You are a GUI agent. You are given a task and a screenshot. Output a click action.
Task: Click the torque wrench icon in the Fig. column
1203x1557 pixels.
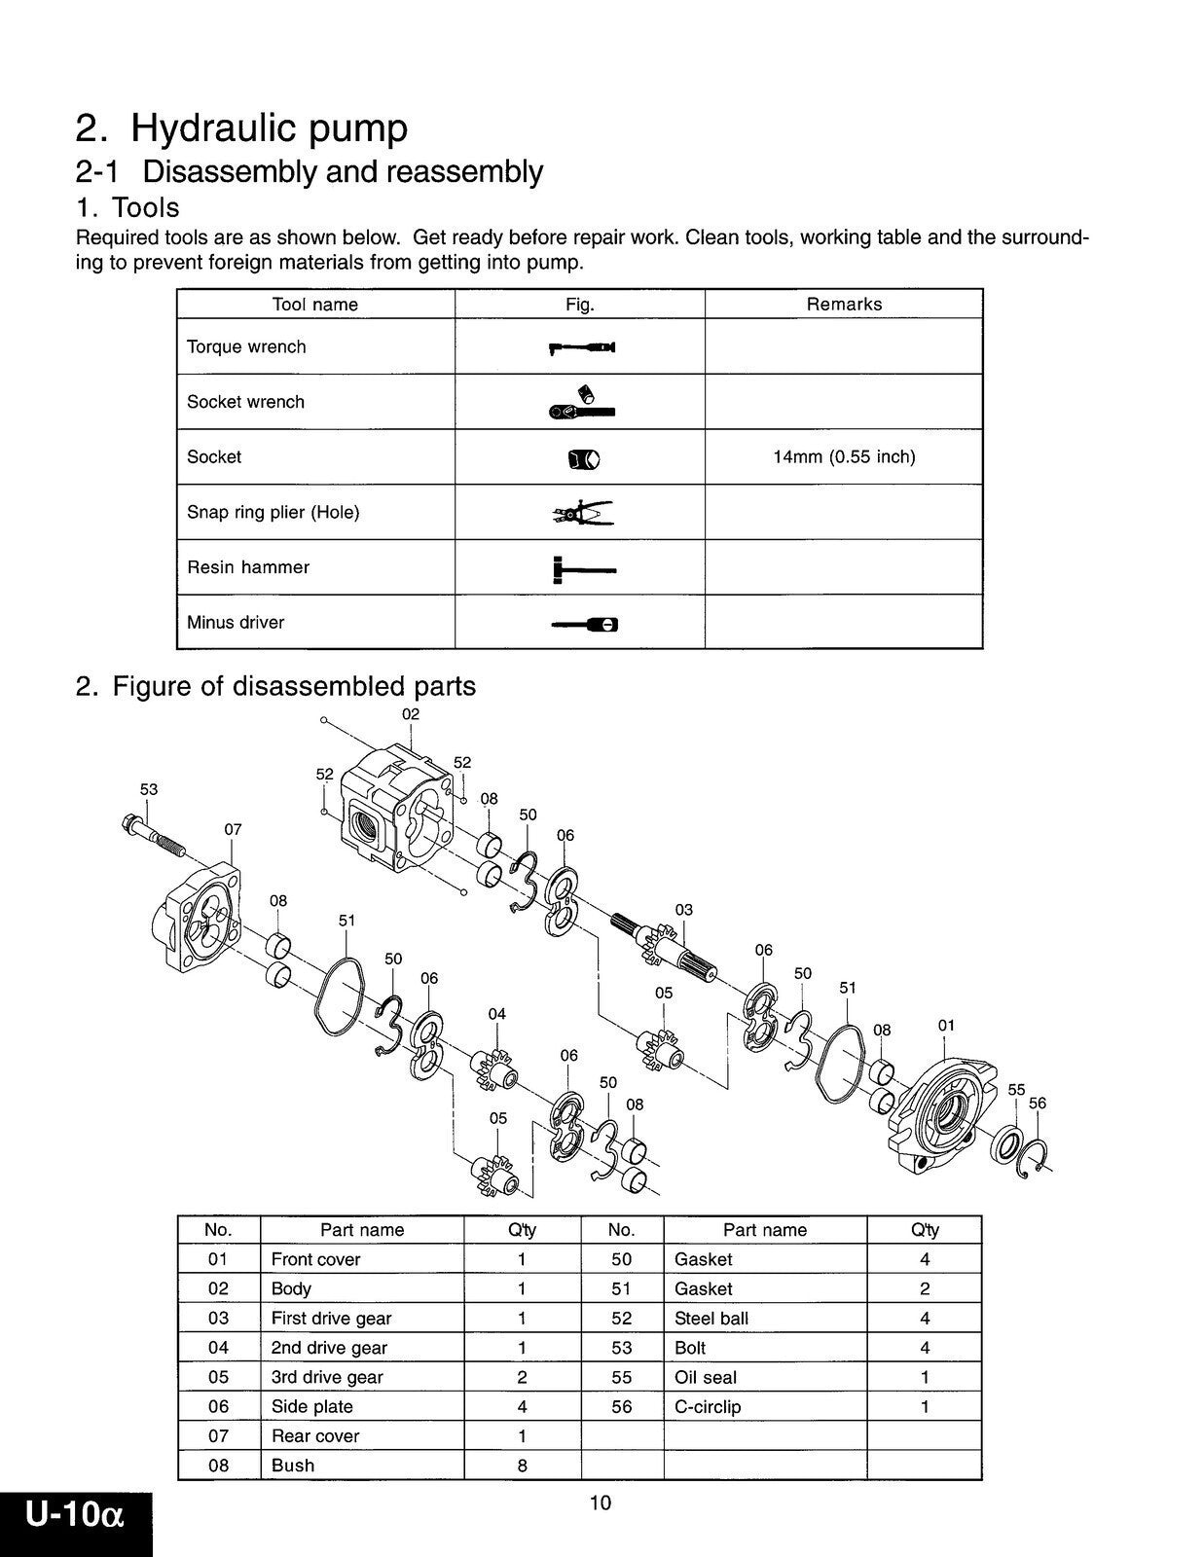coord(581,347)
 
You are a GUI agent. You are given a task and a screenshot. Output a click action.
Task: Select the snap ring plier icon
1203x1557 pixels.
coord(581,513)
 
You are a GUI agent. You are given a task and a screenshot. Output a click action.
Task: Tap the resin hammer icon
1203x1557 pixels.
coord(581,568)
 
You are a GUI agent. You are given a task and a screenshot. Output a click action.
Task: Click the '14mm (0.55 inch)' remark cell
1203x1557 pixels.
coord(844,456)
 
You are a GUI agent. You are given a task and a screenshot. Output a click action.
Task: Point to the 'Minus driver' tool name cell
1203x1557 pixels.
coord(236,623)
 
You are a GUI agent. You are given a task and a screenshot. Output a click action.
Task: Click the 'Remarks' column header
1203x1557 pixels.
coord(844,305)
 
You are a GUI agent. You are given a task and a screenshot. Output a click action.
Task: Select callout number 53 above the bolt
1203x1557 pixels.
coord(148,789)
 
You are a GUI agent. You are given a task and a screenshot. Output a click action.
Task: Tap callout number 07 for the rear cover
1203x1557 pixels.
coord(233,830)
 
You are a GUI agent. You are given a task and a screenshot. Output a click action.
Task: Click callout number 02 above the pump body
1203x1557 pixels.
coord(411,714)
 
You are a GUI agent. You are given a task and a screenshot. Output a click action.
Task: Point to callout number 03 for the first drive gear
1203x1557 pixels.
coord(684,910)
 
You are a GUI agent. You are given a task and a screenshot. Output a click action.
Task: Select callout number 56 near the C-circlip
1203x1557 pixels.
coord(1038,1103)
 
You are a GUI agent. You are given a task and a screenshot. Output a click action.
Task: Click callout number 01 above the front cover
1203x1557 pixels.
coord(946,1026)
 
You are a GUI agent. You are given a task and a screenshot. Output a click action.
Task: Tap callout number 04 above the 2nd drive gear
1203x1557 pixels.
coord(497,1014)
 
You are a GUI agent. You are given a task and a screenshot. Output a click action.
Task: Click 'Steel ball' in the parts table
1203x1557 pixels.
coord(711,1319)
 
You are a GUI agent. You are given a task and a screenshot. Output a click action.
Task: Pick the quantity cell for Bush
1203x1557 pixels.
coord(522,1466)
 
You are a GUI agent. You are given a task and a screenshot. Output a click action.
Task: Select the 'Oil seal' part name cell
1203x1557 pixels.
coord(706,1377)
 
